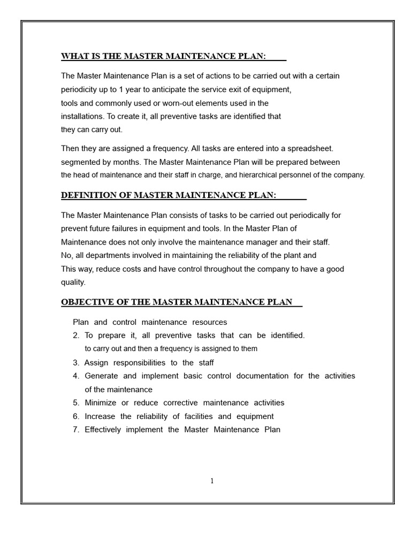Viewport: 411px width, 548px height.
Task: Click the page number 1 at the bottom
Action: coord(212,481)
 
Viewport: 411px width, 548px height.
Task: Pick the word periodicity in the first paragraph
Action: coord(81,89)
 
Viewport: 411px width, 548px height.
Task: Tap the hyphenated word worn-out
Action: coord(161,103)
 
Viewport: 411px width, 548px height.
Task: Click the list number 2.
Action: coord(76,336)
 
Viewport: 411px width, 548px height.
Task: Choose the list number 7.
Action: coord(76,430)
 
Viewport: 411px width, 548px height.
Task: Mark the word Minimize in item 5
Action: coord(102,403)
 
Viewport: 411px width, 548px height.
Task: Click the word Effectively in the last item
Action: coord(103,430)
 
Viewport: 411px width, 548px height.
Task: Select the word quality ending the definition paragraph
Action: coord(73,283)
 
